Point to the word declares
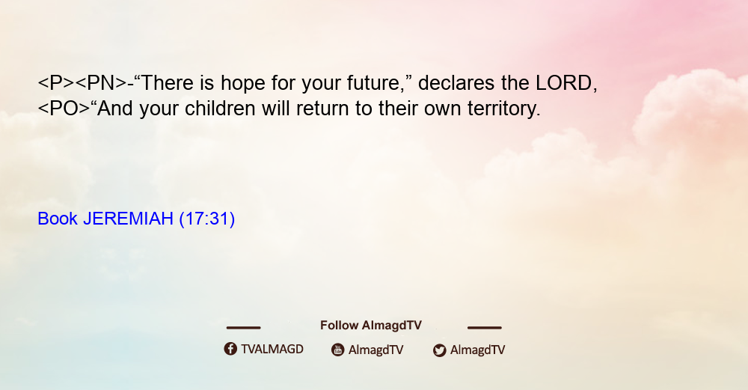tap(456, 83)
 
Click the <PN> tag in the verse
tap(101, 83)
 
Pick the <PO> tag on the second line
tap(64, 109)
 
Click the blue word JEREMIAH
tap(128, 219)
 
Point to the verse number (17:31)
tap(207, 219)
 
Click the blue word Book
tap(58, 219)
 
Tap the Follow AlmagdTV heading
tap(371, 326)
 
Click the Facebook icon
tap(230, 349)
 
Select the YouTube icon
tap(338, 350)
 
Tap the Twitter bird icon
tap(439, 350)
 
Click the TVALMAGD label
tap(272, 350)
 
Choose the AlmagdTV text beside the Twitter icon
tap(477, 350)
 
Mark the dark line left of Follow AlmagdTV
tap(243, 327)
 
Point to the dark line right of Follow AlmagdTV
tap(485, 327)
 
